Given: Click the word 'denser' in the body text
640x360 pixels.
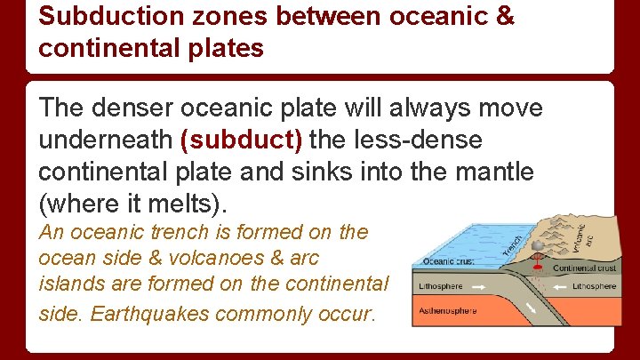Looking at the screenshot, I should (134, 108).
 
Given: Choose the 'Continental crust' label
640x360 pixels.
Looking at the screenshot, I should (584, 268).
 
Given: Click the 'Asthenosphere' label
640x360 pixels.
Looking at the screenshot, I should (450, 311).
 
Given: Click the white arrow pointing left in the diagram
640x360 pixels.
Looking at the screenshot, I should (561, 287).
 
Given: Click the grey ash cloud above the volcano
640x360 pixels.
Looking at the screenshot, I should (538, 241).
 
